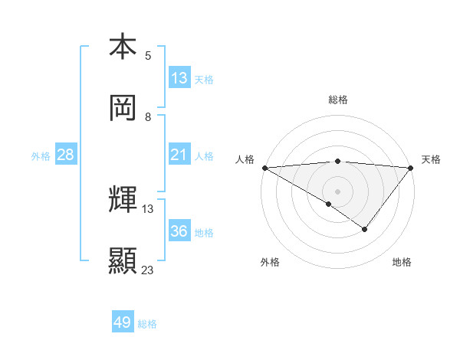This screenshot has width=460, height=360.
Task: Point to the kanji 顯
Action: (123, 261)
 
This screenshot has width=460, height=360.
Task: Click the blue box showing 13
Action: (179, 78)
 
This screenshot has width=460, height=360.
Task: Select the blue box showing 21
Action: (179, 155)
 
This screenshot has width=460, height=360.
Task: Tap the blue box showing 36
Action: (179, 231)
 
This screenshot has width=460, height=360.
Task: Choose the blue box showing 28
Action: (66, 155)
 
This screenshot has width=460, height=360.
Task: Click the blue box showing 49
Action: (122, 322)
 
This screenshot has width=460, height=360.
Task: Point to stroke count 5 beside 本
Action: (148, 56)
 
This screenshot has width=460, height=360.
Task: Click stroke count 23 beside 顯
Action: (148, 270)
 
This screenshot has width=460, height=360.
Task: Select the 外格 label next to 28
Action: (41, 156)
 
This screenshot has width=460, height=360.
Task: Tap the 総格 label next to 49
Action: (147, 324)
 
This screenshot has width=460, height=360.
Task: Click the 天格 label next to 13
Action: (204, 79)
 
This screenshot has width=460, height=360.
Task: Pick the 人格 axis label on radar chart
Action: (245, 159)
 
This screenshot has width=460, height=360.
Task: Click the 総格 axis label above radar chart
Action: (337, 100)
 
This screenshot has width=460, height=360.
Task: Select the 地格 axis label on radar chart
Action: (402, 262)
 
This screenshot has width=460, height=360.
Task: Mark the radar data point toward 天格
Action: (411, 167)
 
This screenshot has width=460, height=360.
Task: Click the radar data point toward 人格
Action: (264, 167)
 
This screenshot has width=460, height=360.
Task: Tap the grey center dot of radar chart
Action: (337, 191)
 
